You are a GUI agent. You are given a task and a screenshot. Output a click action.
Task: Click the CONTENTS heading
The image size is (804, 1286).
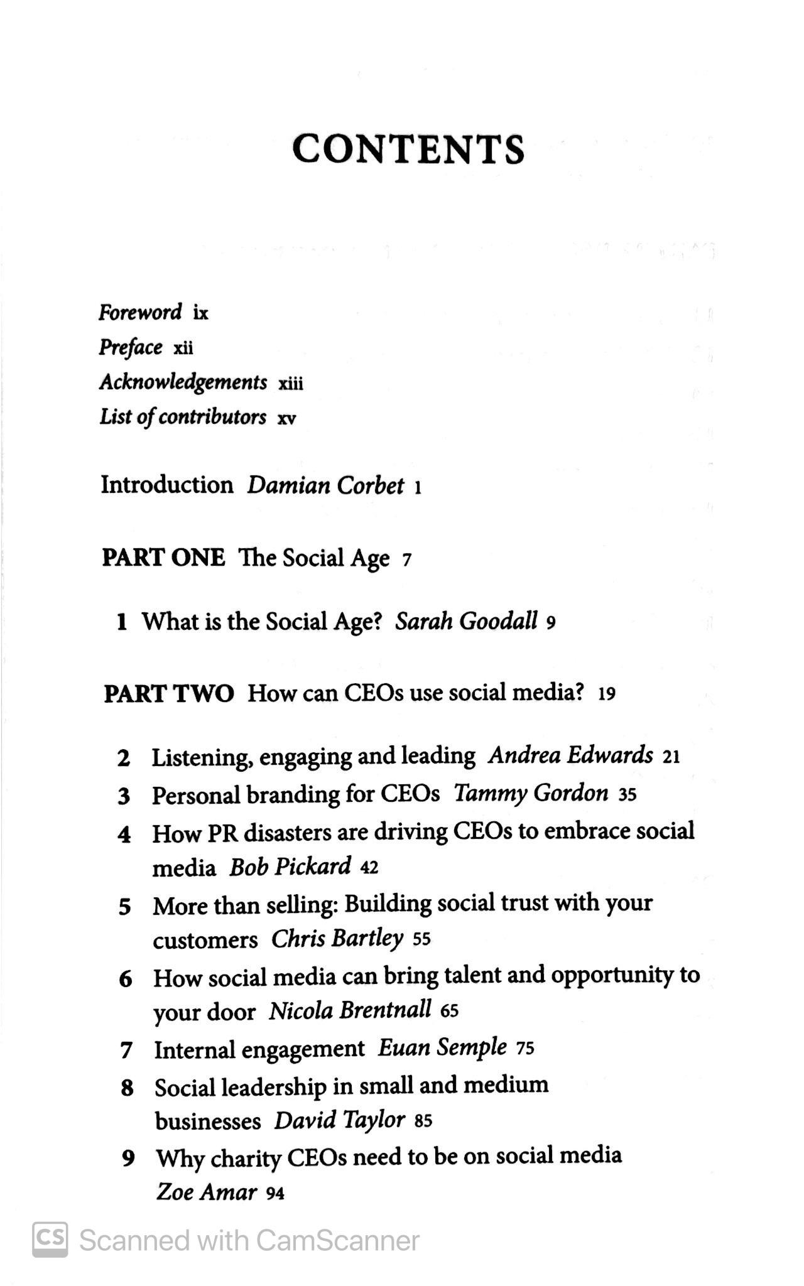pyautogui.click(x=408, y=149)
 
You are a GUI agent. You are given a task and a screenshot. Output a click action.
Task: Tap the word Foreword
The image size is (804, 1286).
pyautogui.click(x=140, y=312)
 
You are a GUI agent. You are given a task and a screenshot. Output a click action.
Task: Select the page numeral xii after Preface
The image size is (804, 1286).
pyautogui.click(x=183, y=348)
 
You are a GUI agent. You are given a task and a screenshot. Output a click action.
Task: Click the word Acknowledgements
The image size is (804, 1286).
pyautogui.click(x=183, y=382)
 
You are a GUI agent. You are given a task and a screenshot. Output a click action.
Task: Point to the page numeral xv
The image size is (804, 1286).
pyautogui.click(x=286, y=418)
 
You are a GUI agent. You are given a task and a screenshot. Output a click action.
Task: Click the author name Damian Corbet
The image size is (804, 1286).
pyautogui.click(x=325, y=486)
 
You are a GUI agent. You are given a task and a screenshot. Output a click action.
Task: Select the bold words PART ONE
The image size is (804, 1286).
pyautogui.click(x=163, y=558)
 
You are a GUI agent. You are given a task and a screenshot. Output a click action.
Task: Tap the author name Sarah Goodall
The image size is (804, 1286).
pyautogui.click(x=466, y=622)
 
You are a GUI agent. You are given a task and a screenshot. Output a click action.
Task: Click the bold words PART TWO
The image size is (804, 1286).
pyautogui.click(x=168, y=694)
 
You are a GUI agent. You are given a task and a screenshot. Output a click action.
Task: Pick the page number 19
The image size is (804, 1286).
pyautogui.click(x=607, y=694)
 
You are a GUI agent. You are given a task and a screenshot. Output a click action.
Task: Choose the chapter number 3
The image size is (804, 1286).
pyautogui.click(x=124, y=796)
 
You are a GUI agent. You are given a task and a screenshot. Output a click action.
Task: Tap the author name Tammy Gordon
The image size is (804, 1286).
pyautogui.click(x=531, y=794)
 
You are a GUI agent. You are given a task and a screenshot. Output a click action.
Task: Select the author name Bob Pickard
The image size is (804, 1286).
pyautogui.click(x=290, y=867)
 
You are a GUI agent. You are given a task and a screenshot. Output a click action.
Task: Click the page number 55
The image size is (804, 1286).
pyautogui.click(x=422, y=940)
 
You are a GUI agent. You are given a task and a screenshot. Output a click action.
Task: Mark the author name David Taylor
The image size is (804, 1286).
pyautogui.click(x=339, y=1121)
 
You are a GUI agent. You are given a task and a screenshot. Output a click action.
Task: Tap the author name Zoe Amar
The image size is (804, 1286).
pyautogui.click(x=207, y=1192)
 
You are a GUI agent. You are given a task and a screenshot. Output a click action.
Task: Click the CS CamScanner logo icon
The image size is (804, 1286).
pyautogui.click(x=50, y=1240)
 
